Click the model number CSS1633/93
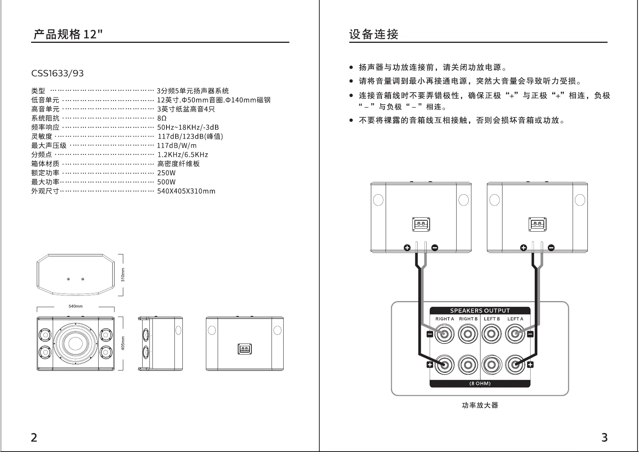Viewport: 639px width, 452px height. (x=57, y=73)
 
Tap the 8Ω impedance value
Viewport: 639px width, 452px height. (x=162, y=118)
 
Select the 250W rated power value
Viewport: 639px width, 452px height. (x=166, y=173)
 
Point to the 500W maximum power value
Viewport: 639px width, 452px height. (x=166, y=182)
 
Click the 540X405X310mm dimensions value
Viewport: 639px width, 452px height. (x=186, y=191)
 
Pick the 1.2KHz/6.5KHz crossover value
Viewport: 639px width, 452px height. (x=183, y=155)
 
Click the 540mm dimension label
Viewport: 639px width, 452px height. (x=75, y=306)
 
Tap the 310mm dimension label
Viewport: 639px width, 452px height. (x=123, y=275)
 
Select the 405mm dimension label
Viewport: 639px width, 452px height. (x=123, y=343)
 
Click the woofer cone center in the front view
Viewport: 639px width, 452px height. (x=75, y=343)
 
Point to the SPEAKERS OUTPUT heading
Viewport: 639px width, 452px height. (x=480, y=311)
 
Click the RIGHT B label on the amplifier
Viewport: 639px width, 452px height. (x=468, y=319)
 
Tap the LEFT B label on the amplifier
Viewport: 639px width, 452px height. (x=492, y=319)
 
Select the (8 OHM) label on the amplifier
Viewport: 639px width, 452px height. (x=480, y=384)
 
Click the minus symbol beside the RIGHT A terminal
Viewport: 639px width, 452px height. (x=430, y=334)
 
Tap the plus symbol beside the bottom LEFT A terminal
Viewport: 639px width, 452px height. (x=530, y=365)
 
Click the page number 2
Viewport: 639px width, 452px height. (x=34, y=438)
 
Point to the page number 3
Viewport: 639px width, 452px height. (x=604, y=438)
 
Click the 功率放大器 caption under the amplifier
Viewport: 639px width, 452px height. (x=480, y=405)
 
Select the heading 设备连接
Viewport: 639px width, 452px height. (x=374, y=34)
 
